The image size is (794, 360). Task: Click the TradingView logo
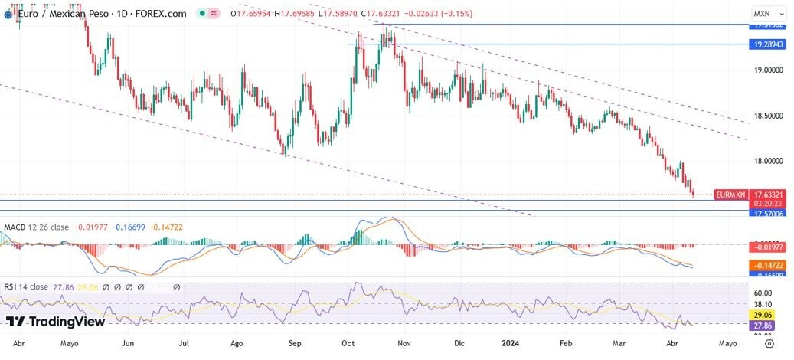[55, 322]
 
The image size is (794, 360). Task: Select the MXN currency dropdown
[769, 14]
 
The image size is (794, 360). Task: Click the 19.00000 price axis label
[769, 70]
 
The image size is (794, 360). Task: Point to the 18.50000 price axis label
[769, 116]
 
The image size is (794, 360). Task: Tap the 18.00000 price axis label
[769, 161]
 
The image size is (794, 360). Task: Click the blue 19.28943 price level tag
[768, 44]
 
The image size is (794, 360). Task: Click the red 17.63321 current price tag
[768, 195]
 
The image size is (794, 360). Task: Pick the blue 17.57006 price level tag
[768, 214]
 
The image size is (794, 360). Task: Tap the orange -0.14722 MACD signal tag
[768, 264]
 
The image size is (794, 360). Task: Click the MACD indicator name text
[16, 227]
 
